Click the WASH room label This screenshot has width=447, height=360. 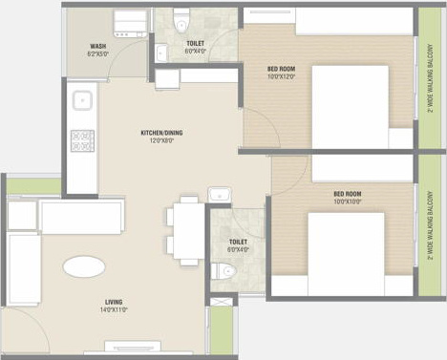97,46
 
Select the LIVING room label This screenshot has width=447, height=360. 115,302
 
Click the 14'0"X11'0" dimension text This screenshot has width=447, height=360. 115,309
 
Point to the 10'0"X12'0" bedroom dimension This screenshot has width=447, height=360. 275,76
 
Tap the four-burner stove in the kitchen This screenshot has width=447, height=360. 82,140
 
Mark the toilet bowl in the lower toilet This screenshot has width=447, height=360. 226,272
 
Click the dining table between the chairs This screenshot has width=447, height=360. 187,232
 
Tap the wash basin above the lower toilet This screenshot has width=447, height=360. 220,196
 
